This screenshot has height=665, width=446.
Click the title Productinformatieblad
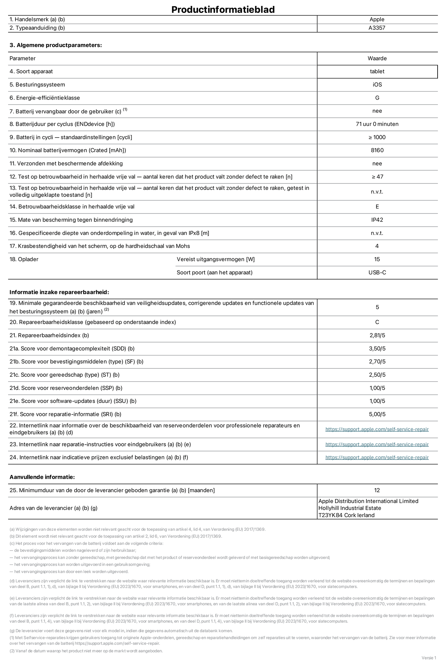coord(223,9)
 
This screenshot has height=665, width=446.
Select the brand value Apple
coord(377,19)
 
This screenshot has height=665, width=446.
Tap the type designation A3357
coord(377,28)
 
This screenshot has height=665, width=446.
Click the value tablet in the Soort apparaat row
coord(377,71)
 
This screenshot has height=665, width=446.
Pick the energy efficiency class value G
coord(377,98)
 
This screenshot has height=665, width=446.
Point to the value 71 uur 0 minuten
coord(377,124)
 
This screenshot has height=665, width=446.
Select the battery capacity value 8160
coord(377,150)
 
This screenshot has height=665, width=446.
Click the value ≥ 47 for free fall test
coord(377,177)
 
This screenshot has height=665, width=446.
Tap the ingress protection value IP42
coord(377,220)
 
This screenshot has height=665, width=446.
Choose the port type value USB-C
coord(377,272)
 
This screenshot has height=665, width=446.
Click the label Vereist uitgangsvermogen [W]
coord(216,259)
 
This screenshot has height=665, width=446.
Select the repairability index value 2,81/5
coord(377,335)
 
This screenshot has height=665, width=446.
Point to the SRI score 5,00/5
coord(377,414)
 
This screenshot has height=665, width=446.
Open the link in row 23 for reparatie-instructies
coord(377,444)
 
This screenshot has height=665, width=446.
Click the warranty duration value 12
coord(377,490)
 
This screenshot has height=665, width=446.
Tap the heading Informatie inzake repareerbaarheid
coord(59,292)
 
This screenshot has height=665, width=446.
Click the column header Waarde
coord(377,58)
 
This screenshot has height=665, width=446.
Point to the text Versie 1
coord(429,658)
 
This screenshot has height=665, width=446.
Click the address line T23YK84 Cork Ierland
coord(346,515)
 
